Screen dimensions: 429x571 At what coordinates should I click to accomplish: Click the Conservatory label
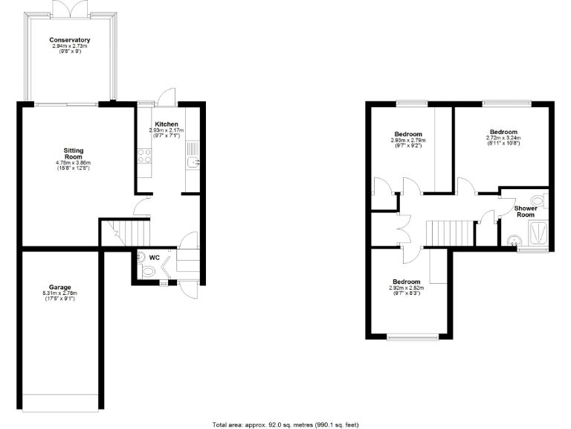70,39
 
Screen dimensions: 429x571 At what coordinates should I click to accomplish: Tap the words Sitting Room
72,153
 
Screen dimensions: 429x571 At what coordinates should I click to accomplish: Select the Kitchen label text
166,124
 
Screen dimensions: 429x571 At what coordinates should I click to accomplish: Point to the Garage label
60,287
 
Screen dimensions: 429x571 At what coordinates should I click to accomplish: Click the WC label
155,258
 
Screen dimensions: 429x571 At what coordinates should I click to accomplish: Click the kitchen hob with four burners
144,156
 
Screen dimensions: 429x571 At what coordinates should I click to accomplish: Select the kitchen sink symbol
193,162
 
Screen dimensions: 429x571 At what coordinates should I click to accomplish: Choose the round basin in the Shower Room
512,240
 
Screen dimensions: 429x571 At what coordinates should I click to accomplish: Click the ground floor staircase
125,232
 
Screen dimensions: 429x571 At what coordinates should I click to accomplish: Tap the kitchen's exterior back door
166,98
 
